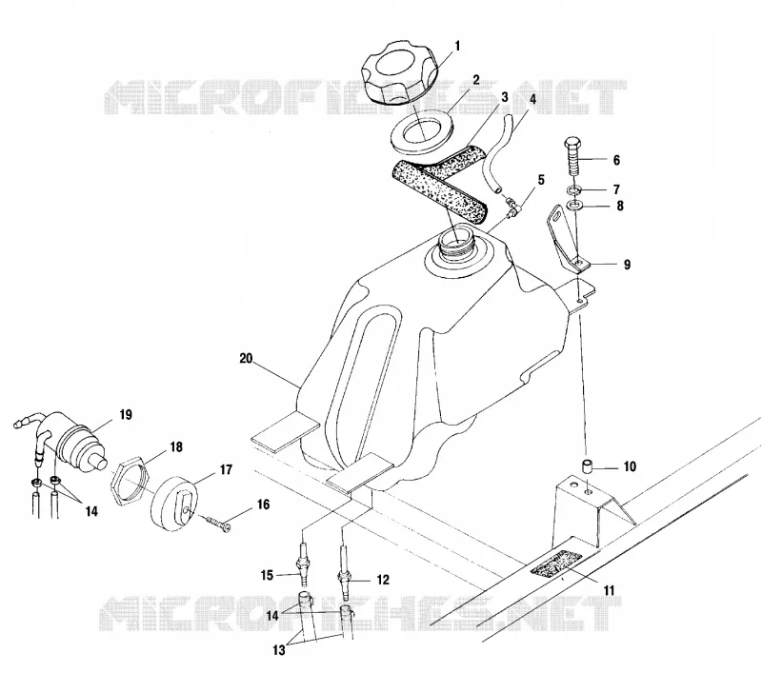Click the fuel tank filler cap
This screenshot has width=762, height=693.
[399, 73]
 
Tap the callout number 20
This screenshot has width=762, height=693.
[247, 358]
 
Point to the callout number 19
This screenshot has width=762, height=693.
[126, 415]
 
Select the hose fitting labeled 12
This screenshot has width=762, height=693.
[346, 573]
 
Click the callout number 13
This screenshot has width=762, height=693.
[278, 650]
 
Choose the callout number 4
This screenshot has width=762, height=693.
[532, 99]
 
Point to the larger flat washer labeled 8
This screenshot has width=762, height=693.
[575, 205]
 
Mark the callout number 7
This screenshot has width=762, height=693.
[616, 188]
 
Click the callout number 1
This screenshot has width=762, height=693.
[457, 46]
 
